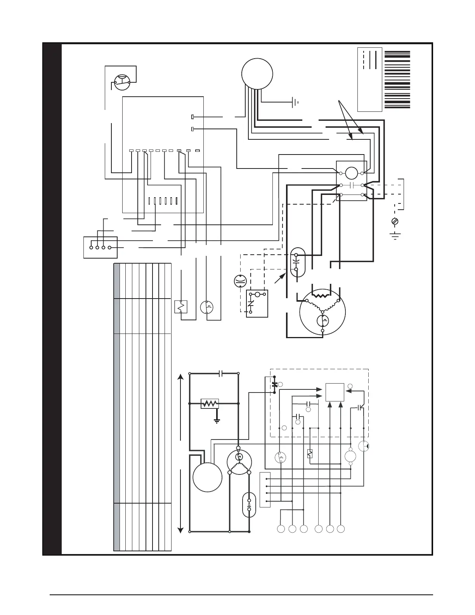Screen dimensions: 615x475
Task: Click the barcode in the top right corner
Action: pyautogui.click(x=397, y=79)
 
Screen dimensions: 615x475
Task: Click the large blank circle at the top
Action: pyautogui.click(x=257, y=73)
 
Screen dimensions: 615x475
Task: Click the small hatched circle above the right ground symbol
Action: pyautogui.click(x=395, y=221)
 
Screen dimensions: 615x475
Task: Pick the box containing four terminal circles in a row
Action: pyautogui.click(x=100, y=247)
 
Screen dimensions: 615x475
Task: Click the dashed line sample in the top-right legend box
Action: pyautogui.click(x=364, y=59)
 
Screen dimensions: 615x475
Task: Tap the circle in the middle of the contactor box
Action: pyautogui.click(x=351, y=173)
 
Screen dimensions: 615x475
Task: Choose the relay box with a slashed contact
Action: pyautogui.click(x=257, y=304)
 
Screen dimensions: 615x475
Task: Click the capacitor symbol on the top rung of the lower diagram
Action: pyautogui.click(x=220, y=374)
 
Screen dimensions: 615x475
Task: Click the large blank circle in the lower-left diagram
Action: pyautogui.click(x=207, y=477)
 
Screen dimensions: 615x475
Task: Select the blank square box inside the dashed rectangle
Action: pyautogui.click(x=335, y=392)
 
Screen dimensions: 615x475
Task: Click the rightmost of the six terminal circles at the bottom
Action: pyautogui.click(x=341, y=529)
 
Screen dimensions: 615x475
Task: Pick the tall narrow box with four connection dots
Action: pyautogui.click(x=265, y=490)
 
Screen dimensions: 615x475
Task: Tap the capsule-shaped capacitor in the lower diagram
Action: pyautogui.click(x=249, y=505)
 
